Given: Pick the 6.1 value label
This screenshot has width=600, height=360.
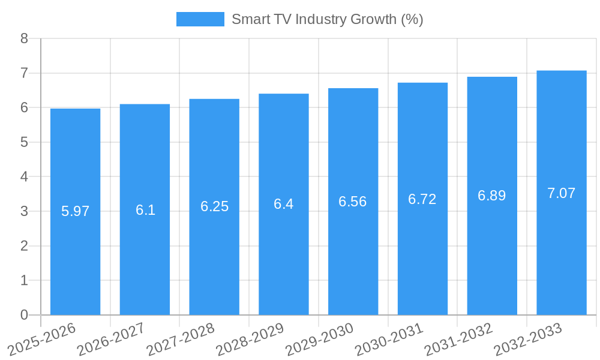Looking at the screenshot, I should pos(145,210).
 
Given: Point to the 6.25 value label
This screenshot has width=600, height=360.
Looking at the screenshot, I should pos(214,206).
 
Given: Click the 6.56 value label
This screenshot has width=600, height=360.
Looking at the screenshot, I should pos(353,202).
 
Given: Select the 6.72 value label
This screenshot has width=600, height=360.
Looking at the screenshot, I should pos(422,199).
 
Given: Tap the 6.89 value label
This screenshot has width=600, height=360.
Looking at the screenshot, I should pos(492,196).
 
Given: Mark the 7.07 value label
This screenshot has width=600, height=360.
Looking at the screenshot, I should pos(562,193).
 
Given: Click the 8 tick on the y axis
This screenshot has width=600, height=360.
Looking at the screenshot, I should pos(24,38).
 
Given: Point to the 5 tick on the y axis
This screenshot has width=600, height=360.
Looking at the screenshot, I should pos(24,142).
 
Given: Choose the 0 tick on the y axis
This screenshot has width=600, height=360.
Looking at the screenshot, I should pos(24,315).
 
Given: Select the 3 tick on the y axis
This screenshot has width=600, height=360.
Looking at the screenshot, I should pos(24,211).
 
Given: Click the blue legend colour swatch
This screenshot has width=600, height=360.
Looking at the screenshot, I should pos(200,19).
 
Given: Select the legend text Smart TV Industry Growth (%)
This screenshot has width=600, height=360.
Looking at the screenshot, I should pos(328,19).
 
